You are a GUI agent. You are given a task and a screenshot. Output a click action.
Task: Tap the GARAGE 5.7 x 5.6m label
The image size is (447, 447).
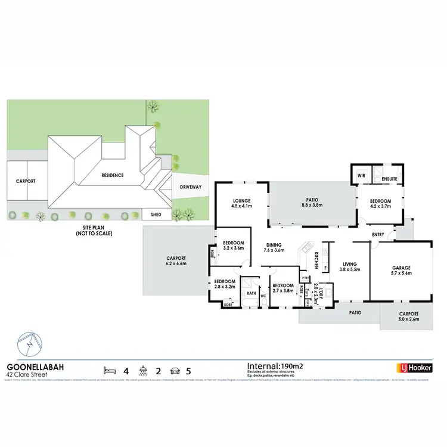[401, 271]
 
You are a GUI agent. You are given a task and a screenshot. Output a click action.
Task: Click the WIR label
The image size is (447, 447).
[361, 176]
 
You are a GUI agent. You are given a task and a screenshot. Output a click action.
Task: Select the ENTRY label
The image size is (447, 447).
[378, 234]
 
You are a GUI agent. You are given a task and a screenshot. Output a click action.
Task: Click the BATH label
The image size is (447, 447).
[252, 293]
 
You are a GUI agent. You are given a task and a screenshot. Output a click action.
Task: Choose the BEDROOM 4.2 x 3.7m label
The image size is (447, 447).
[380, 204]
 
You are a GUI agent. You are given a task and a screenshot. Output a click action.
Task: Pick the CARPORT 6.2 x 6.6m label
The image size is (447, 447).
[176, 260]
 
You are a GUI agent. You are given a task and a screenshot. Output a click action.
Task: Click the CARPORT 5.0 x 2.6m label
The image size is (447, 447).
[409, 316]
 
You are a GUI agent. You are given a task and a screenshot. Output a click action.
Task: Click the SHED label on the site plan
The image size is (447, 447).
[156, 215]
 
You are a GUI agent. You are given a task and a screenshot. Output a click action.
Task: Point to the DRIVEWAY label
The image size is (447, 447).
[191, 187]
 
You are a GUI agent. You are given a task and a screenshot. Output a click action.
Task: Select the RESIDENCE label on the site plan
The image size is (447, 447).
[111, 175]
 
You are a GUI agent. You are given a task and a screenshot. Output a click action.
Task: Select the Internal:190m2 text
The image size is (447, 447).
[275, 365]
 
